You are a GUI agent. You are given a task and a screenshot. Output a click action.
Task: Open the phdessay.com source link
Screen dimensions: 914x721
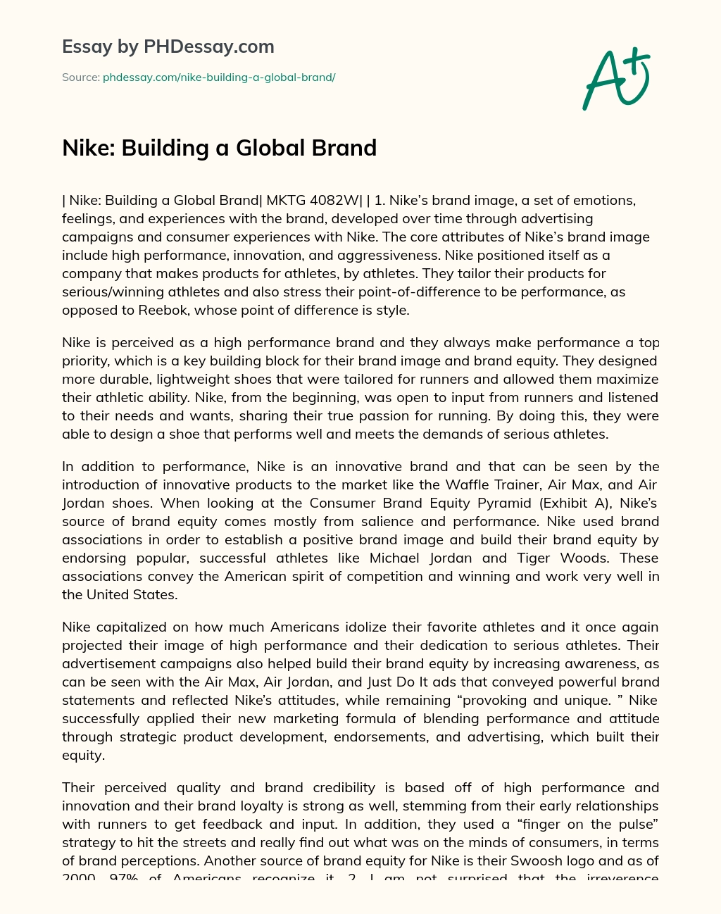(x=219, y=77)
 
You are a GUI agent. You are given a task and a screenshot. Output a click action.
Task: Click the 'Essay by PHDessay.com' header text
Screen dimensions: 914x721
(x=168, y=46)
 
